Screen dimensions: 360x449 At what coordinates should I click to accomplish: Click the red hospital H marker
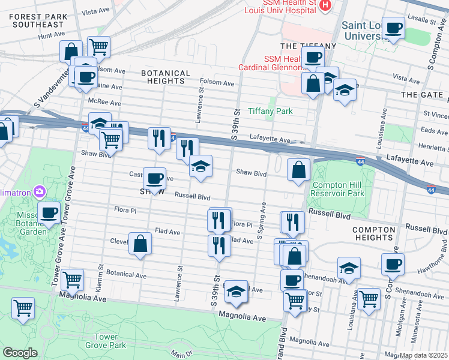[325, 5]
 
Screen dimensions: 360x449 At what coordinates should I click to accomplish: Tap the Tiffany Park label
[270, 111]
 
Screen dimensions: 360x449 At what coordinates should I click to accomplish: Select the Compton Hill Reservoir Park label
[339, 189]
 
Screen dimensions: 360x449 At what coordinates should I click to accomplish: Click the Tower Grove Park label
[106, 341]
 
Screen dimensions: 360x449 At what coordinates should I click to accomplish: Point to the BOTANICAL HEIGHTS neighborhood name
[165, 77]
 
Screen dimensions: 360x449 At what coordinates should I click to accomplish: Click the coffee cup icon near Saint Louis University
[394, 28]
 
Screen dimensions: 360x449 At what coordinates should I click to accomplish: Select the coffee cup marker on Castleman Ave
[154, 178]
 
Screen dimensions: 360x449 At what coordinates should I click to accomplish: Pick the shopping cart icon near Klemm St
[72, 278]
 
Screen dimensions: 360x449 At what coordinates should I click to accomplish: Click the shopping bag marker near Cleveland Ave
[140, 244]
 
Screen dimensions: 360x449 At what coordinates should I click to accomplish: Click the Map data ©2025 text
[423, 355]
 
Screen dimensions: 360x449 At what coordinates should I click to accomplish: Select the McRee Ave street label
[103, 102]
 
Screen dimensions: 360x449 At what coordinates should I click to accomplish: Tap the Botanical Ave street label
[126, 275]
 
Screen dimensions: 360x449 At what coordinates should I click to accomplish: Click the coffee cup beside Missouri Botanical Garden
[49, 212]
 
